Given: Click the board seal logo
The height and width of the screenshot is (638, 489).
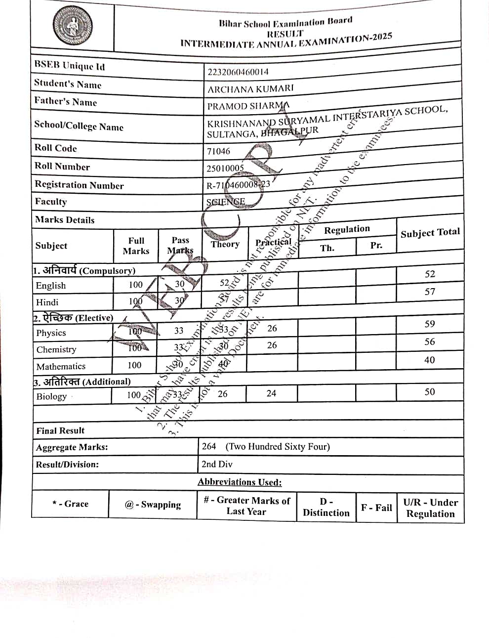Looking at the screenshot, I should point(73,26).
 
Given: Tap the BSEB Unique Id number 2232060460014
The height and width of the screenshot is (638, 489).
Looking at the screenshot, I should point(238,72).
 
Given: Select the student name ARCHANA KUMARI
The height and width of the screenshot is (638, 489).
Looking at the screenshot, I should point(250,89).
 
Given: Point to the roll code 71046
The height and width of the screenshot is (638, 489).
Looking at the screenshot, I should point(218,151).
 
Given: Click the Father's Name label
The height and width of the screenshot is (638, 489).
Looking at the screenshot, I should point(65,102).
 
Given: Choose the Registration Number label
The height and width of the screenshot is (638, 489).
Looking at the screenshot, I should point(79,185).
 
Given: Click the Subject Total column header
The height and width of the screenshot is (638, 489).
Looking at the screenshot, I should point(430,233).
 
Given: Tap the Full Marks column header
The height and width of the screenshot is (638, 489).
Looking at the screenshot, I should point(136,246).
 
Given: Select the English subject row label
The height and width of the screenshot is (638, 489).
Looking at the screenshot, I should point(51,286).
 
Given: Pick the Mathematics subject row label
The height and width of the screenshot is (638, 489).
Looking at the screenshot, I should point(61,366).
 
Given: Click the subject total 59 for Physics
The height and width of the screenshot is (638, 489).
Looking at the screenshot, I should point(430,324).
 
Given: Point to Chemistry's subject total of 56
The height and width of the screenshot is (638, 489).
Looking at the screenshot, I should point(430,342).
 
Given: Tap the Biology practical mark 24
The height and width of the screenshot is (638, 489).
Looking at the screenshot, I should point(271,393).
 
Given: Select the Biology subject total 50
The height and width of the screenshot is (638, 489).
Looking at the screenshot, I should point(430,392).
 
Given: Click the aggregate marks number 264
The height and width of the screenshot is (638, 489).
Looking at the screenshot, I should point(209,446).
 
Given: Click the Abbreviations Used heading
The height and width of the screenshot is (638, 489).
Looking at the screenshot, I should point(240,482).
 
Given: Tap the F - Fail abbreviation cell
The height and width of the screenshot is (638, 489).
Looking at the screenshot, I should point(376,508).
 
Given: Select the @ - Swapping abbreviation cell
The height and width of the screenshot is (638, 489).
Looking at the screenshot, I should point(153,505).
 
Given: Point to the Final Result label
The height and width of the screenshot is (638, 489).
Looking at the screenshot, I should point(60,430).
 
